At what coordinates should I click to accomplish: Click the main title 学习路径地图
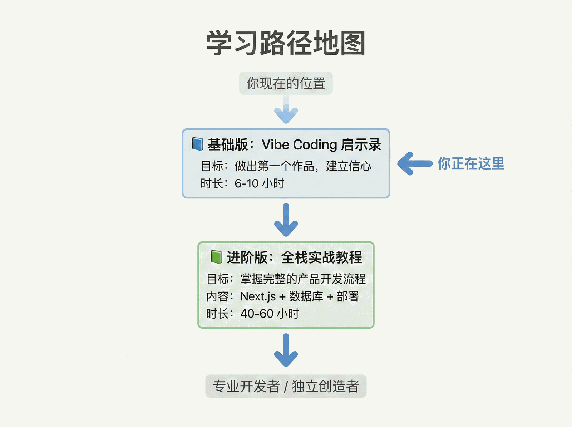tap(286, 43)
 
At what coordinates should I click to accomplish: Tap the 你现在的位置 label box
tap(286, 83)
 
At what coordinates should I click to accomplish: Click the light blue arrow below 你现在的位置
tap(286, 109)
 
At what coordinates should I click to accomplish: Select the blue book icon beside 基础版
tap(197, 144)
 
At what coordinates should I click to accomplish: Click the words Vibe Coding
tap(300, 145)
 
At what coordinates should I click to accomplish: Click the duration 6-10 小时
tap(259, 183)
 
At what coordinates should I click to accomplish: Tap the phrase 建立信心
tap(349, 166)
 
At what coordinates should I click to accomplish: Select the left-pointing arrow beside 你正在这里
tap(415, 163)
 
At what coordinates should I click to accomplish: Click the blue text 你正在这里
tap(471, 163)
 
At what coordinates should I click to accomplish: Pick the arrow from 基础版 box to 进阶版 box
tap(286, 220)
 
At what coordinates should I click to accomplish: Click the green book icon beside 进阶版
tap(216, 257)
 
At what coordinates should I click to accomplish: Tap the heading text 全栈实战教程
tap(321, 257)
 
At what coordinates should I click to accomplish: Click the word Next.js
tap(258, 296)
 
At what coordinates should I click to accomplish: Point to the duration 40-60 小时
tap(270, 314)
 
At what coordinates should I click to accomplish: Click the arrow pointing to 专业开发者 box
tap(286, 350)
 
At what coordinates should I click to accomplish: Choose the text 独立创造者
tap(325, 386)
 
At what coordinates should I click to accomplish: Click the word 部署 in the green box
tap(348, 296)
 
